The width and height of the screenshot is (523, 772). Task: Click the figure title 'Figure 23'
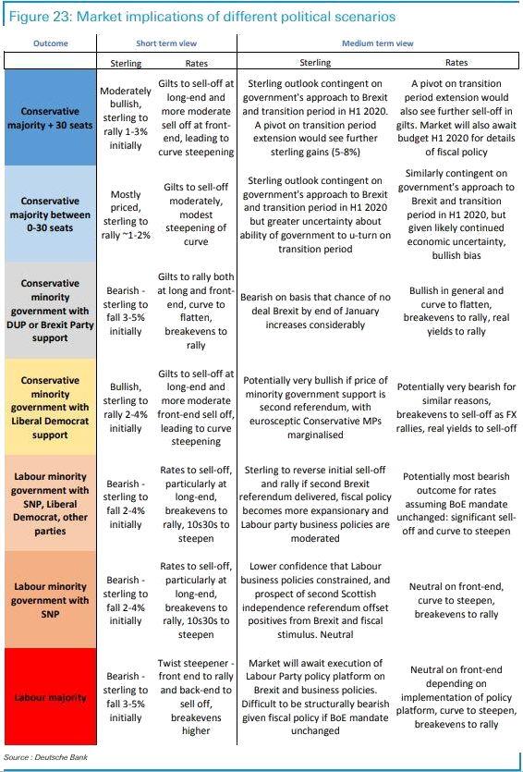[x=41, y=17]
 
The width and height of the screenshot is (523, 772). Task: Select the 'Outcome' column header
[x=51, y=43]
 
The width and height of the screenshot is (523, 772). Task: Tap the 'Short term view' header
[x=166, y=43]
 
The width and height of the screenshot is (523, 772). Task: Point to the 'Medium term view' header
[x=378, y=43]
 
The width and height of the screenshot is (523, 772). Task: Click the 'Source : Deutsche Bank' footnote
[x=46, y=756]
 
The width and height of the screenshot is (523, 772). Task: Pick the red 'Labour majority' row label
[x=50, y=697]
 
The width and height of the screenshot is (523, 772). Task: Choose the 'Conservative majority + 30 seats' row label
[x=50, y=118]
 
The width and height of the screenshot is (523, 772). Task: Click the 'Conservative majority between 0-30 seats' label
[x=50, y=214]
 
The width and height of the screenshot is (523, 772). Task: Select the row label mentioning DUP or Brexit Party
[x=50, y=311]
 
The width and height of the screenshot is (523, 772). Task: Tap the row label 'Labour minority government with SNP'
[x=50, y=600]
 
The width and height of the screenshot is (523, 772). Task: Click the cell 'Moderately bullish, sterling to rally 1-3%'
[x=126, y=118]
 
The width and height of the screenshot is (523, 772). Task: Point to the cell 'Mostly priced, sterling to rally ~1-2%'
[x=126, y=214]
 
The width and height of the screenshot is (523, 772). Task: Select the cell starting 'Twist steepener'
[x=196, y=697]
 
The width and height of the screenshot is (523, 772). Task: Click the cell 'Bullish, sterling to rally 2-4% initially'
[x=126, y=408]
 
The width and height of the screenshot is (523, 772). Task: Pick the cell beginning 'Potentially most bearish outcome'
[x=456, y=504]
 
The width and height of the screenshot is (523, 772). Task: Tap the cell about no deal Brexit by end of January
[x=315, y=311]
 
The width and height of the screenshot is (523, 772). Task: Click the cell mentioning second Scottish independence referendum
[x=315, y=600]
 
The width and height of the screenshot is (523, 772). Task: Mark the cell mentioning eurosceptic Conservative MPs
[x=315, y=408]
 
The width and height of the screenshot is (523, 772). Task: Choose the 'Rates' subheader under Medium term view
[x=456, y=63]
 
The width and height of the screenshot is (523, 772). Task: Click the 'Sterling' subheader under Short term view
[x=126, y=63]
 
